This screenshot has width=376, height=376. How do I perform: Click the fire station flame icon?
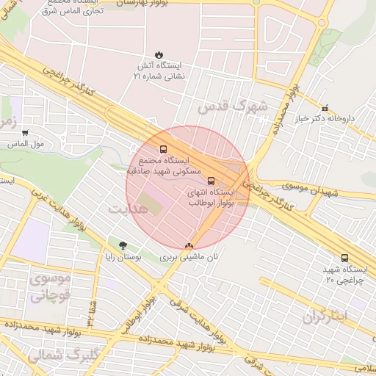point(158,54)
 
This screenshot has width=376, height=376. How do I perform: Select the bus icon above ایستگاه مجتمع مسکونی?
point(163,149)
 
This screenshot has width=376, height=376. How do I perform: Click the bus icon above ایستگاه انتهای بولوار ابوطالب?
point(211,181)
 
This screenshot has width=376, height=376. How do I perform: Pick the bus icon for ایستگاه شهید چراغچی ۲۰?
point(344,258)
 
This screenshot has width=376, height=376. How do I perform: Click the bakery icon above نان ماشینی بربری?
point(190,246)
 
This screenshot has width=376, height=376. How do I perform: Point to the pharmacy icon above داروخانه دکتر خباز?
point(325,107)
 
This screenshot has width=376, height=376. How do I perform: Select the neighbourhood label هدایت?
point(129,209)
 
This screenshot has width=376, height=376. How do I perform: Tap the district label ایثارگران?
point(334,316)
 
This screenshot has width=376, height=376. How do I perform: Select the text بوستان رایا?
point(122,258)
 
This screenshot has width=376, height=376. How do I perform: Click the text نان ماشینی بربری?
point(190,258)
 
